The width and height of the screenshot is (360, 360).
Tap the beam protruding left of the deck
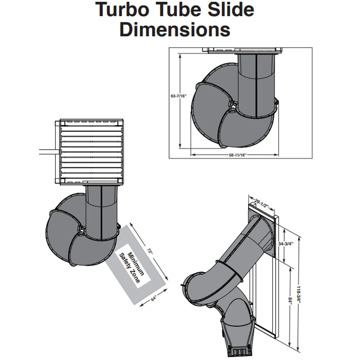pyautogui.click(x=46, y=153)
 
